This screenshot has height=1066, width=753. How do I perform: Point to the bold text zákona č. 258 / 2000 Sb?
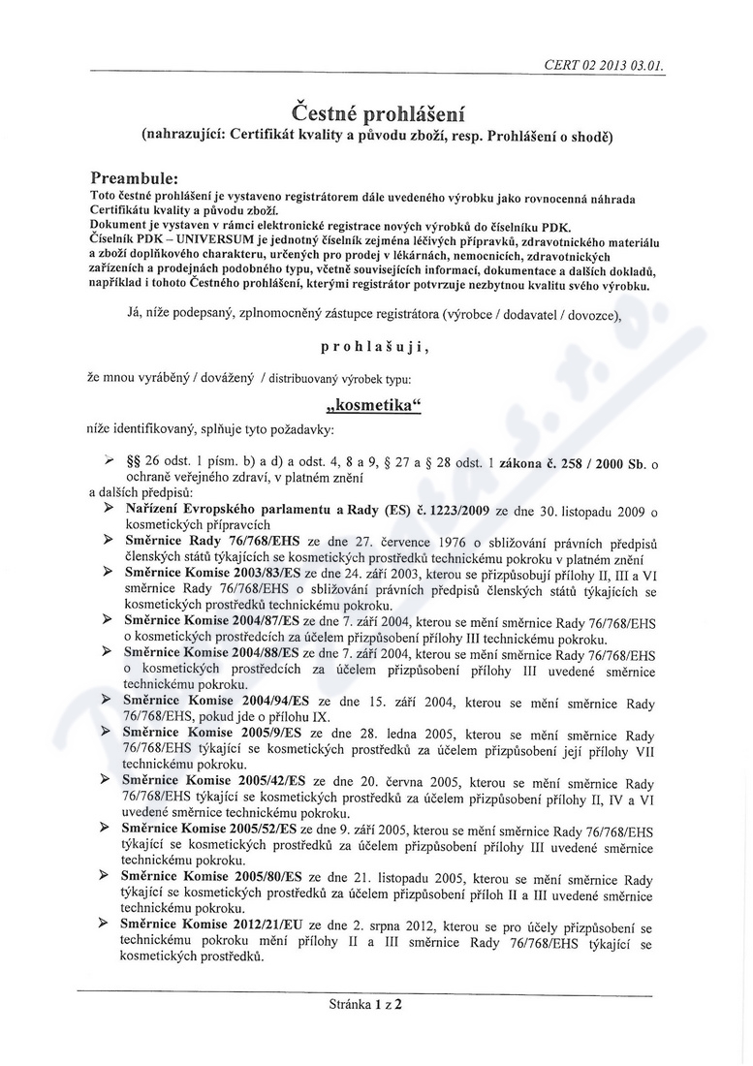click(578, 464)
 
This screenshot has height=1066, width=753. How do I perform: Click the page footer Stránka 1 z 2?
click(365, 1004)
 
